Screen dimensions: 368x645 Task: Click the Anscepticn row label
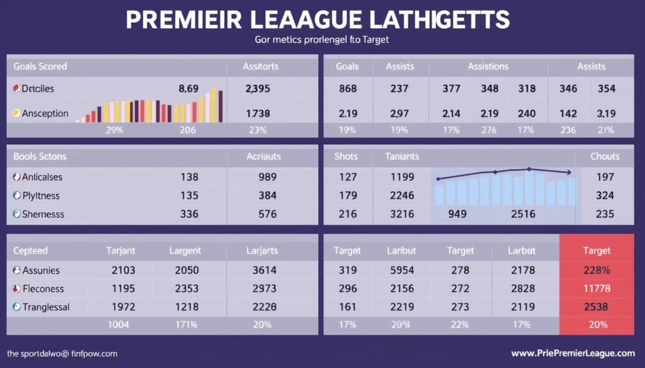tap(45, 113)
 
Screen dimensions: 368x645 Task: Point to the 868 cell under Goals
tap(348, 89)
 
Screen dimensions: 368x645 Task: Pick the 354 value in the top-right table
tap(606, 89)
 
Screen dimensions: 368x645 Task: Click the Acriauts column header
tap(263, 156)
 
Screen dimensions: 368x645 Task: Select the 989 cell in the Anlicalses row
tap(267, 177)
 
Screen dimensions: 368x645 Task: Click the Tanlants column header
tap(402, 156)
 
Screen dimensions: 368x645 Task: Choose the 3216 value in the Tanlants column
tap(402, 214)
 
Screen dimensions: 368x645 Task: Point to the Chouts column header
tap(605, 156)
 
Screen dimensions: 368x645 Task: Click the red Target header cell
tap(596, 250)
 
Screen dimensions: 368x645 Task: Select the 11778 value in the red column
tap(596, 289)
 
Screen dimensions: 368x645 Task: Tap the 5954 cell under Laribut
tap(401, 270)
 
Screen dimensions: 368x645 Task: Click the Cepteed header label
tap(30, 250)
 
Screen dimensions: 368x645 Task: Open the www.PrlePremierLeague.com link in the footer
tap(573, 354)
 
